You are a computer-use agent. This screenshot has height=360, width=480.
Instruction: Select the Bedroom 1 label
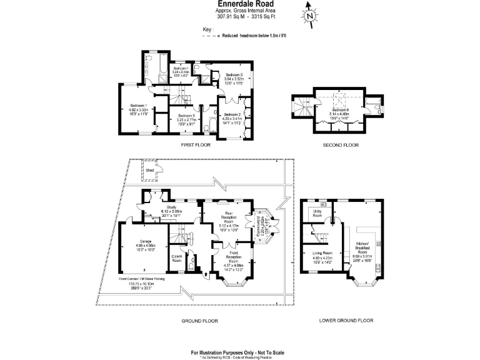pyautogui.click(x=137, y=105)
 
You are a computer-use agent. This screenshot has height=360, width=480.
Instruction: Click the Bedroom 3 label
pyautogui.click(x=234, y=75)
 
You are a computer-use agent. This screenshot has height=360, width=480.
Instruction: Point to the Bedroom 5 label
pyautogui.click(x=186, y=116)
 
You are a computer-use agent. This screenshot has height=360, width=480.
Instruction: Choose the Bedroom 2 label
pyautogui.click(x=232, y=114)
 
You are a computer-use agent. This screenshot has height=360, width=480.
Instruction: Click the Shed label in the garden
pyautogui.click(x=150, y=169)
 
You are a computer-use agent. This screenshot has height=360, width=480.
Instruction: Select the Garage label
pyautogui.click(x=146, y=241)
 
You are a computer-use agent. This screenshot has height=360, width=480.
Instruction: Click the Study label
pyautogui.click(x=172, y=207)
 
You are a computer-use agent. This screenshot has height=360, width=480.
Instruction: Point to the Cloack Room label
pyautogui.click(x=176, y=257)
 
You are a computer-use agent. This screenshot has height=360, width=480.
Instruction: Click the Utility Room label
pyautogui.click(x=316, y=213)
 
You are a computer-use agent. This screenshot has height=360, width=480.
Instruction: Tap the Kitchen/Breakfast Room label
pyautogui.click(x=363, y=247)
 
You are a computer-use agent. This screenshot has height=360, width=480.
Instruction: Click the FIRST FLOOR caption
pyautogui.click(x=196, y=144)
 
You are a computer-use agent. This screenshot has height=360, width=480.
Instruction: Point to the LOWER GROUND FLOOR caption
pyautogui.click(x=346, y=320)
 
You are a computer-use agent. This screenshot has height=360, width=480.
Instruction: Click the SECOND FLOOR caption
pyautogui.click(x=341, y=144)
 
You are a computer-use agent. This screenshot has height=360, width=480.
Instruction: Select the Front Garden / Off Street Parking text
pyautogui.click(x=144, y=279)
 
